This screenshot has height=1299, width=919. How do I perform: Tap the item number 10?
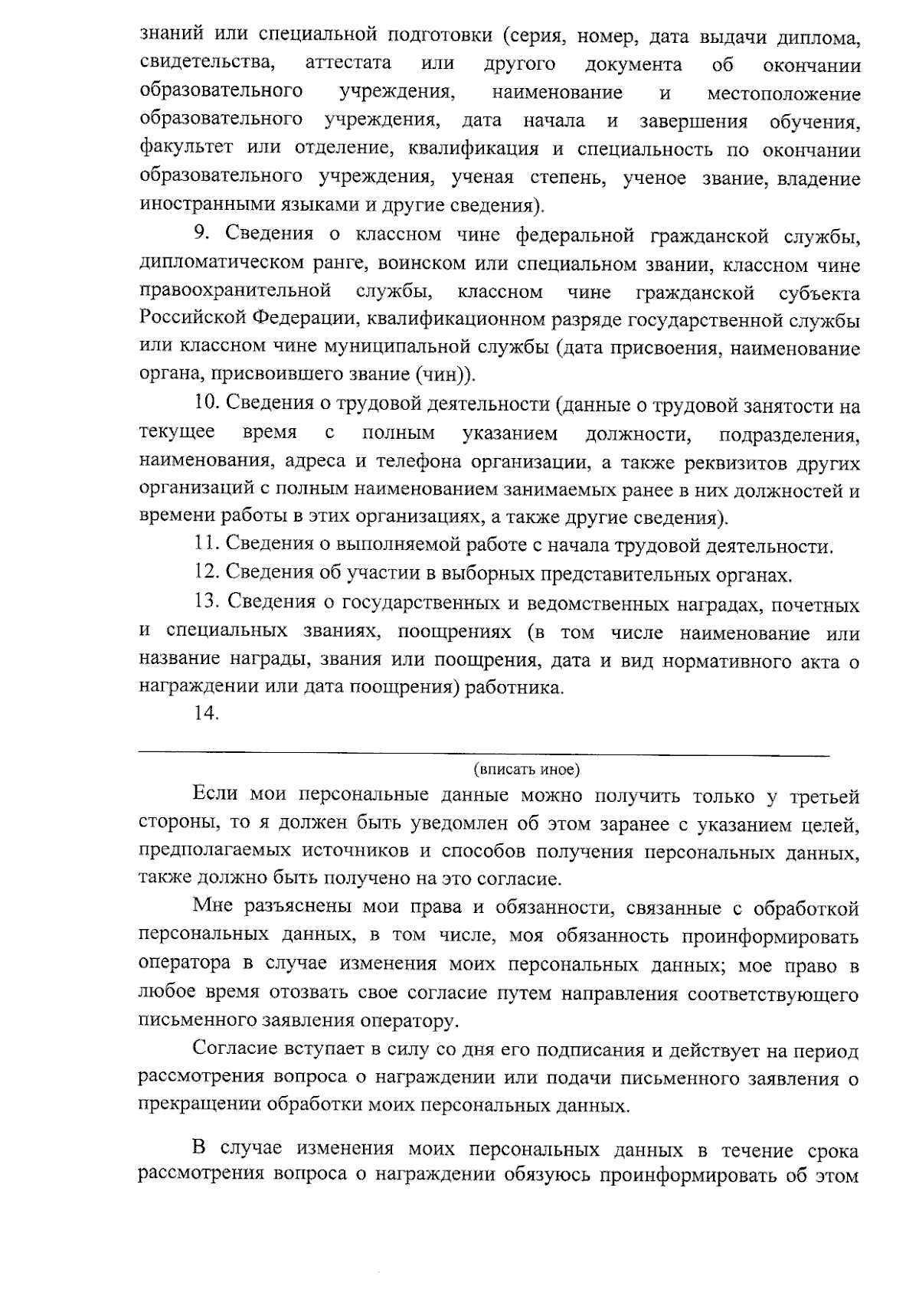point(206,404)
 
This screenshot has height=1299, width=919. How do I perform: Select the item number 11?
point(205,545)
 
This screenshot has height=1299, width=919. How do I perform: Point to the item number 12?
point(206,574)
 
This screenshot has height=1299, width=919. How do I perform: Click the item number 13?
point(206,603)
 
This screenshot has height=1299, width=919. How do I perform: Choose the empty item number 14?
point(206,714)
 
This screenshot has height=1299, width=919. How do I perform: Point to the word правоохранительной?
point(235,292)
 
